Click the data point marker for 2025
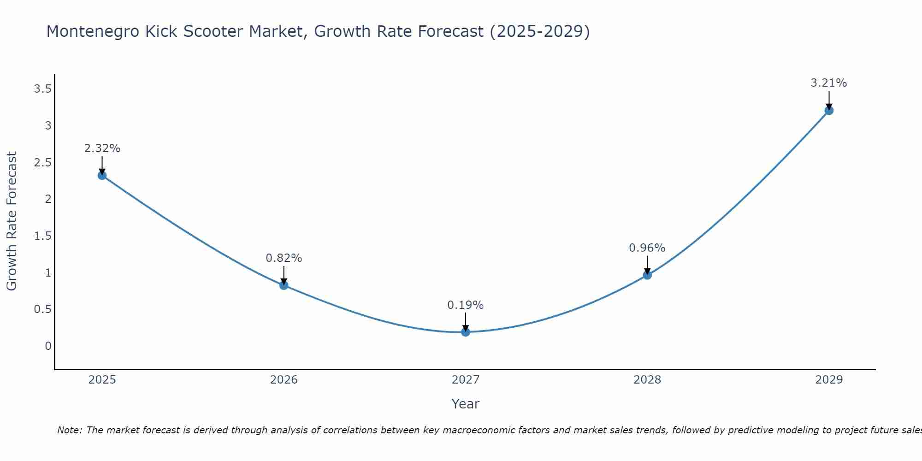point(102,175)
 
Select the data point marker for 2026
point(284,285)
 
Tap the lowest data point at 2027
point(466,331)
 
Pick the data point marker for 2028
point(647,275)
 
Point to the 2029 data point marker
point(829,110)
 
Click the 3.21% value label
point(828,83)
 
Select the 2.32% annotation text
point(102,148)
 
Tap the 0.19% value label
point(466,305)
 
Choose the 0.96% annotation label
point(647,248)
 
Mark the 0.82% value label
point(284,258)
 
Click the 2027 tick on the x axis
point(466,380)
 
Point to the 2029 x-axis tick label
point(829,380)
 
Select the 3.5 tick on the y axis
point(42,89)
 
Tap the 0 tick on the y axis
point(48,346)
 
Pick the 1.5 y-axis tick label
point(42,236)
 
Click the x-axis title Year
point(466,404)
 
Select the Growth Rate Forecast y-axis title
point(12,221)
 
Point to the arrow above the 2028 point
point(647,265)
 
